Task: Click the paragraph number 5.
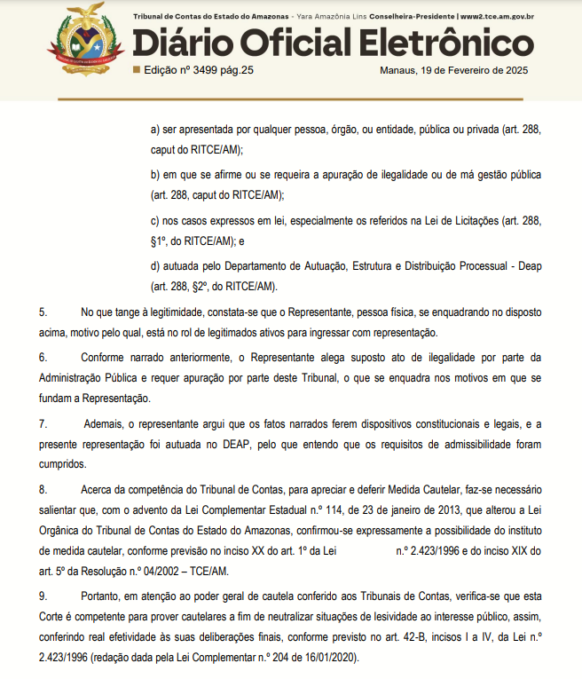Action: tap(43, 313)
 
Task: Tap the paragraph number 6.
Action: tap(43, 359)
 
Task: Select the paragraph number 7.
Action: tap(43, 423)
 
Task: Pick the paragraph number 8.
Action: tap(43, 489)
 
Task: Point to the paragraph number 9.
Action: tap(43, 594)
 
